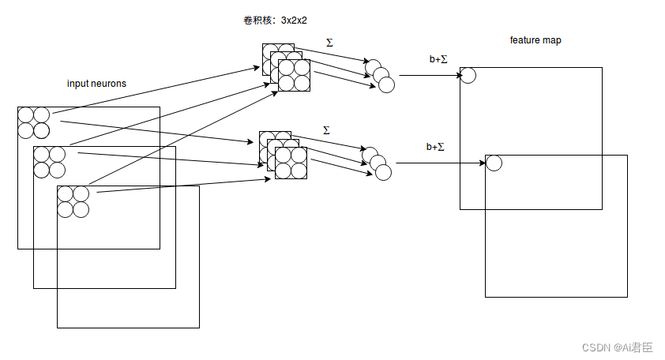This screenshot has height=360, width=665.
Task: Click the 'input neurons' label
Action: tap(96, 84)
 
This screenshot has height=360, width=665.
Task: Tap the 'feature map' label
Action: tap(535, 40)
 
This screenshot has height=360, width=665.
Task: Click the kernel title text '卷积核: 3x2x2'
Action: tap(276, 21)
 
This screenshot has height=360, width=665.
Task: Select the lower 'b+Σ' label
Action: tap(435, 147)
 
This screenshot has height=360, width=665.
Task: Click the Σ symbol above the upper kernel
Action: tap(329, 42)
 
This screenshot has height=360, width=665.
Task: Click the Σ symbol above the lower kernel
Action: tap(326, 129)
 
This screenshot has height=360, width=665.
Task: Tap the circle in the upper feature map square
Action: tap(468, 75)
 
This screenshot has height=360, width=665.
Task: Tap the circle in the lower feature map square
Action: tap(494, 163)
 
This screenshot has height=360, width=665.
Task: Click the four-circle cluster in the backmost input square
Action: tap(34, 122)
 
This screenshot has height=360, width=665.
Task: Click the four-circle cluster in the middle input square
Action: tap(49, 162)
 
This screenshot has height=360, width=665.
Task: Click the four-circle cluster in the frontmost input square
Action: tap(73, 201)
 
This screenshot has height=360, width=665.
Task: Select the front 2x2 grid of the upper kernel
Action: tap(294, 75)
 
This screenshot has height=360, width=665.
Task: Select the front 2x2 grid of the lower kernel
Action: tap(291, 163)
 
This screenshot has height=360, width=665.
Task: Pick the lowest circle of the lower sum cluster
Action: tap(384, 171)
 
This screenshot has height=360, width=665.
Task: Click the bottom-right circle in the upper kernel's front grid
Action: tap(302, 83)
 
